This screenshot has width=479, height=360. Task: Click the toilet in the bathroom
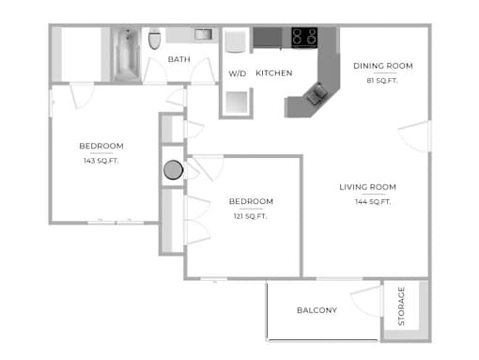tap(154, 39)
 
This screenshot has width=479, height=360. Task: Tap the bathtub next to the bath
tap(127, 55)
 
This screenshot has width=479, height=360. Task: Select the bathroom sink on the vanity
tap(203, 34)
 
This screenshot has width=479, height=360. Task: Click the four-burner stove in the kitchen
tap(304, 38)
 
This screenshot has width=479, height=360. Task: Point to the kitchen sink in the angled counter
tap(317, 93)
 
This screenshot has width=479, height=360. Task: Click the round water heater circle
tap(173, 170)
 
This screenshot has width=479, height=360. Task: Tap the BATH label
tap(179, 59)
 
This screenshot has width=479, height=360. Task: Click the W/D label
tap(238, 73)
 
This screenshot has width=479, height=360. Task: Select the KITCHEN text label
tap(274, 73)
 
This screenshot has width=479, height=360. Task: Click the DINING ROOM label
tap(383, 66)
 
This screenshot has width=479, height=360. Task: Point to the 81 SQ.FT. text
tap(382, 81)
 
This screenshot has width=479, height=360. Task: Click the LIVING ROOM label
tap(368, 187)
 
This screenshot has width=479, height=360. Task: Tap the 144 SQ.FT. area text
tap(373, 202)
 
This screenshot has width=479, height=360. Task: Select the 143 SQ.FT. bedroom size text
tap(100, 161)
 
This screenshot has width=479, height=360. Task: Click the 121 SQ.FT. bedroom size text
tap(250, 216)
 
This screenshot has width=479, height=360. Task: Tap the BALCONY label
tap(317, 310)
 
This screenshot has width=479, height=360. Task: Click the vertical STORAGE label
tap(401, 306)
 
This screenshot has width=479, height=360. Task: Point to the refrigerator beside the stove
tap(268, 38)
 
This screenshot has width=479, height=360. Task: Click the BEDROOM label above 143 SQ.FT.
tap(101, 146)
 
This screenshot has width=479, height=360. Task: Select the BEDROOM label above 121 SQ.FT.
tap(251, 201)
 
